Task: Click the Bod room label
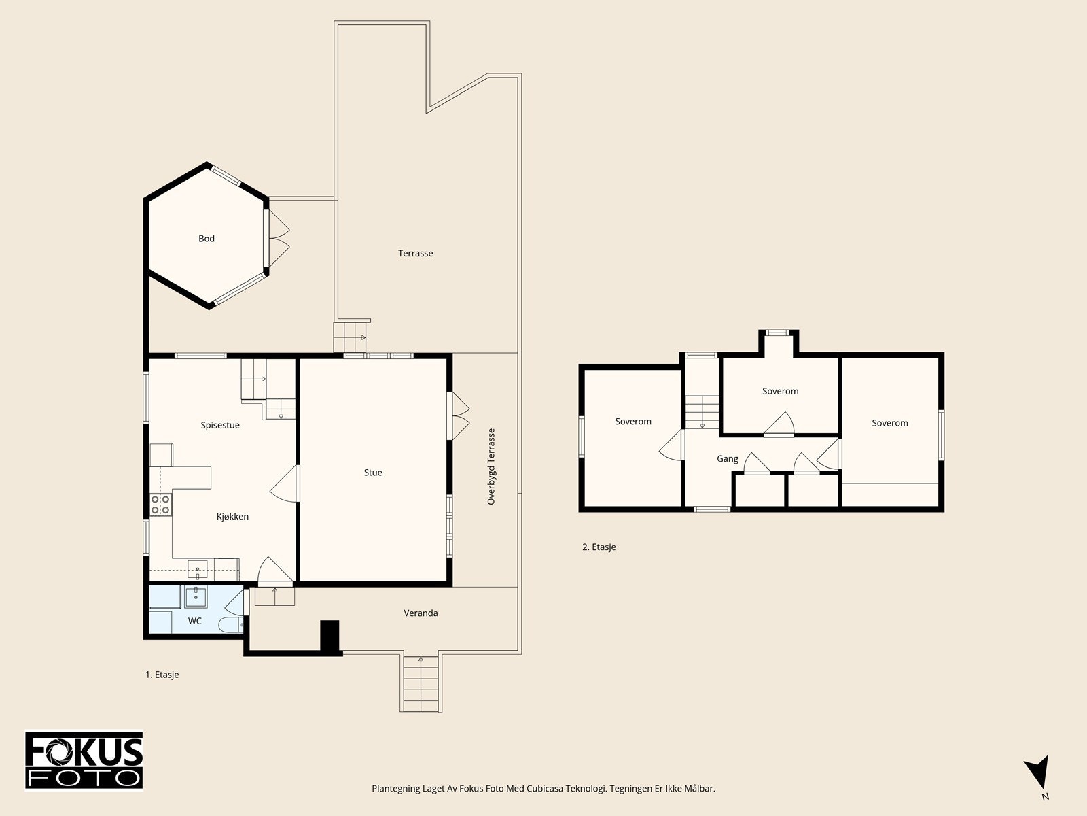(207, 238)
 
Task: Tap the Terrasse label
(416, 253)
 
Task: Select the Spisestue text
(220, 425)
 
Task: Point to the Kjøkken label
(232, 516)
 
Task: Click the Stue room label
(373, 473)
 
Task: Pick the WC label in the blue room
(194, 621)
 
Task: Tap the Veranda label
(421, 613)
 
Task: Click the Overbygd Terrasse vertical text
(491, 466)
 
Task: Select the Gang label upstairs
(728, 459)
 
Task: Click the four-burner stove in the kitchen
(161, 505)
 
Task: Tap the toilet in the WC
(231, 625)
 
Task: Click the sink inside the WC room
(196, 596)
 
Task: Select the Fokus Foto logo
(84, 761)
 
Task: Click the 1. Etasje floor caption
(162, 675)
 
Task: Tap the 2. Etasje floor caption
(599, 547)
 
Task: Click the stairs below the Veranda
(421, 683)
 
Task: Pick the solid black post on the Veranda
(329, 636)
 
